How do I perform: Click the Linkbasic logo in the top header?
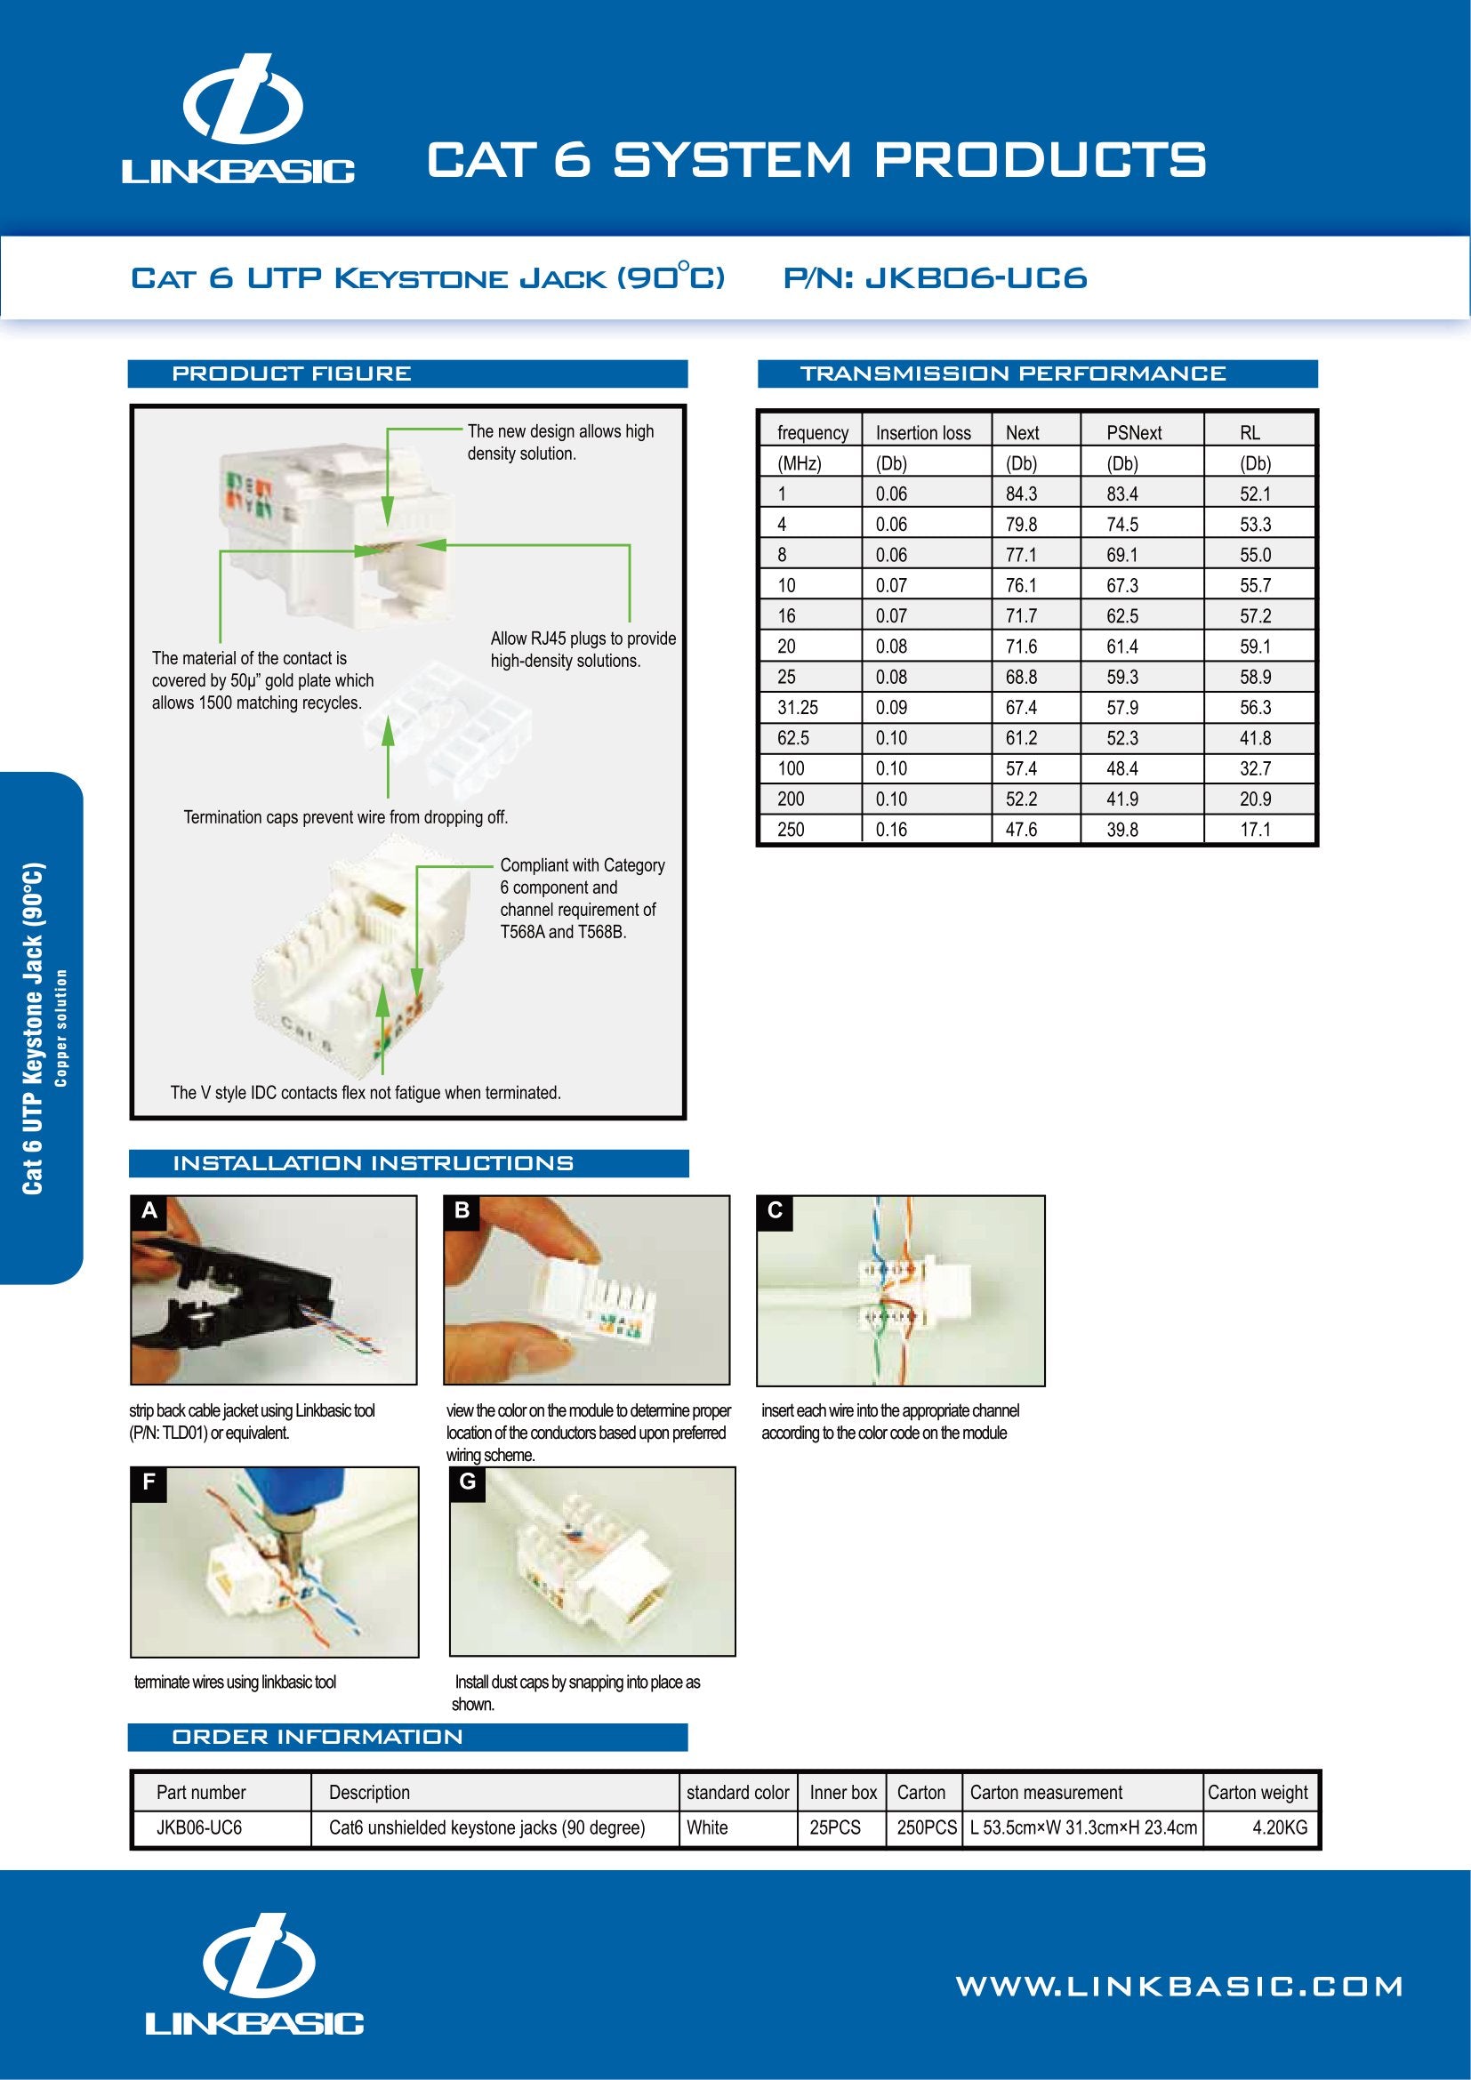[238, 119]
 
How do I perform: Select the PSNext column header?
[1133, 433]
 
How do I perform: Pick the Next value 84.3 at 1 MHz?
[1021, 494]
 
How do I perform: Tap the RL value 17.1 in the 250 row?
[1255, 829]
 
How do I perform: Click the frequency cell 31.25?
[797, 708]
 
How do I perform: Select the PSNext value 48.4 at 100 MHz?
[1121, 768]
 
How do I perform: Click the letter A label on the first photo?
[149, 1211]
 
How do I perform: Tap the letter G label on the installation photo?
[468, 1483]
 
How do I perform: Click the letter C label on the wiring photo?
[775, 1211]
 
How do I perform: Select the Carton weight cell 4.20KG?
[1279, 1827]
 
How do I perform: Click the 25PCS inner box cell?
[834, 1827]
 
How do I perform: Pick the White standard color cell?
[706, 1827]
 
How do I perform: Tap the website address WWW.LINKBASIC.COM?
[1179, 1987]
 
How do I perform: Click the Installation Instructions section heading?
[373, 1163]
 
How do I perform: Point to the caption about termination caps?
[345, 817]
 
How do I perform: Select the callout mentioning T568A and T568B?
[582, 898]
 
